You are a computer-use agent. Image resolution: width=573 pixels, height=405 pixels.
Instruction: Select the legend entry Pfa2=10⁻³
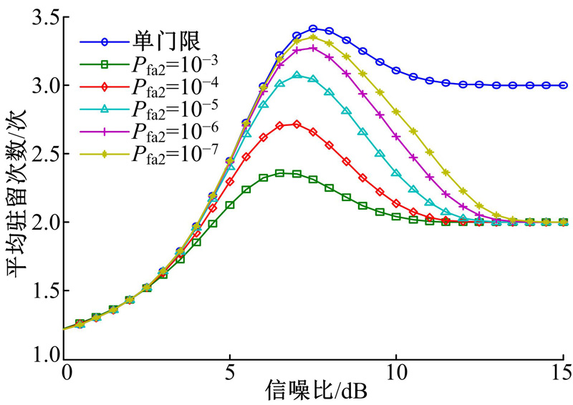[158, 65]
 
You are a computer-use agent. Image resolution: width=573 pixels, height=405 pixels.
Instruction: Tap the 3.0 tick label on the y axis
[45, 86]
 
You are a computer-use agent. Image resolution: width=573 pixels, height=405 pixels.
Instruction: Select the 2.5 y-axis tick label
[45, 154]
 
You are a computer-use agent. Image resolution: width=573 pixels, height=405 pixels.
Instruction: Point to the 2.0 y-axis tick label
[45, 223]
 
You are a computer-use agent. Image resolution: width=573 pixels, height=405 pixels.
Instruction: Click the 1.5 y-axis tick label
[45, 291]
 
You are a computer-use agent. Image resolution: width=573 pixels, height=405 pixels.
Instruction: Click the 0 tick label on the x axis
[67, 373]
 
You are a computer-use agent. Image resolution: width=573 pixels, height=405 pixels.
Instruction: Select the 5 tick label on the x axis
[230, 373]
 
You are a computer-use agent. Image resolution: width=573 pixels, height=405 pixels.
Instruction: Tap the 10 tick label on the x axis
[395, 373]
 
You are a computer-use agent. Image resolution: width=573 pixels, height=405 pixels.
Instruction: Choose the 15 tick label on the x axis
[561, 373]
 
